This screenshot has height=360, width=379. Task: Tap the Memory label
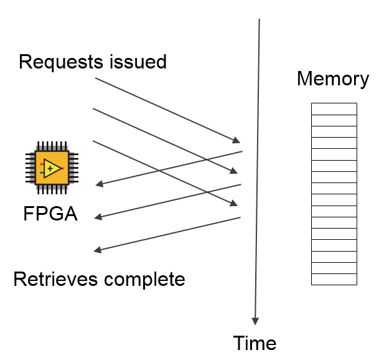[332, 79]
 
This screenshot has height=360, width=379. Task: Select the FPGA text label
[50, 214]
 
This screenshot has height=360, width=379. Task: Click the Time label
[255, 343]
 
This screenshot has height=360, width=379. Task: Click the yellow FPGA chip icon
[50, 169]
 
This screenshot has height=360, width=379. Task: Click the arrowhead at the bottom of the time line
[255, 321]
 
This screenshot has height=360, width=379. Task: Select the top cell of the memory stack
[334, 108]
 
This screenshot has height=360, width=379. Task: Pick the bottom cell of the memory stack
[334, 279]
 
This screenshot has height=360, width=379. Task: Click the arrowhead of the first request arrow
[236, 140]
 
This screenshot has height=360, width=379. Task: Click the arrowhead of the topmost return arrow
[98, 184]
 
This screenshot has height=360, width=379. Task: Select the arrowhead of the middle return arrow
[98, 217]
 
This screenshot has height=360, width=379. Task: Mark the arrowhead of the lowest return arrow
[97, 251]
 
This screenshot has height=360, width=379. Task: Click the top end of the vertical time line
[259, 20]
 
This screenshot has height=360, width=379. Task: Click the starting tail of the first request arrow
[96, 78]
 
